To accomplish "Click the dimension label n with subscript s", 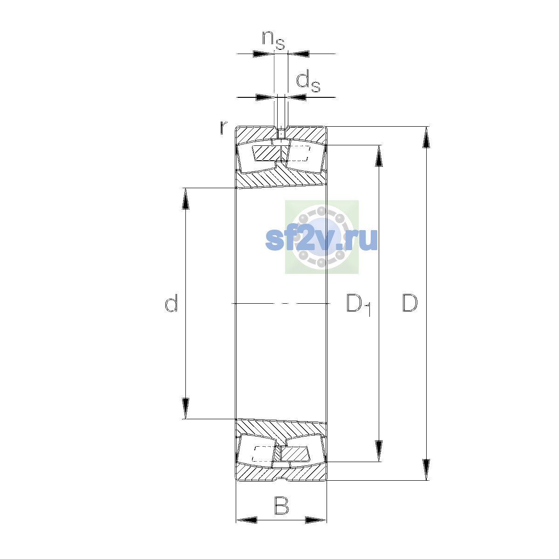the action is click(273, 40).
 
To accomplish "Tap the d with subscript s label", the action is click(308, 82).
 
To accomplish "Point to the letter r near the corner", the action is click(224, 128).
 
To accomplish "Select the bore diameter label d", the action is click(171, 303).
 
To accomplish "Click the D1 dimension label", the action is click(359, 305).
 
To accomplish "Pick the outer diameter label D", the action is click(410, 303).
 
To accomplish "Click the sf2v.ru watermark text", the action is click(321, 239).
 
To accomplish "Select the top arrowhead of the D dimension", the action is click(426, 137).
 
